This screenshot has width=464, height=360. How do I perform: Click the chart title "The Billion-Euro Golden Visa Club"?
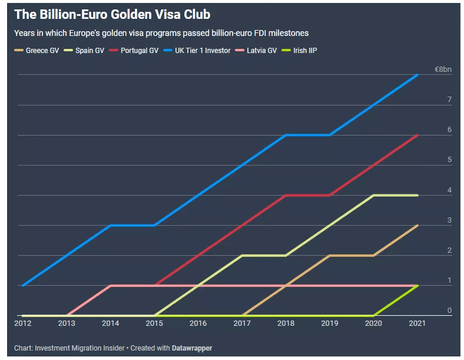coord(112,14)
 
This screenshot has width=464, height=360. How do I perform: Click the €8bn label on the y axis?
coord(443,70)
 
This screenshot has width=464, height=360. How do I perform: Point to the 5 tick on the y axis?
coord(449,160)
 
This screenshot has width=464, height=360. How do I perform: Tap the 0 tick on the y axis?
coord(449,311)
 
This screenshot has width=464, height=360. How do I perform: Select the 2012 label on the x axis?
coord(22,323)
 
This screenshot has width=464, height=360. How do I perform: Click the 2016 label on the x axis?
coord(198,323)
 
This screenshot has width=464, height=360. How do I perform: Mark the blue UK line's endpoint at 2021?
coord(418,75)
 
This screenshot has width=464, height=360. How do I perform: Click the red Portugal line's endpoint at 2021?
coord(418,135)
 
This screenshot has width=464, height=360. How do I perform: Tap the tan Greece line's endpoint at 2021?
coord(418,226)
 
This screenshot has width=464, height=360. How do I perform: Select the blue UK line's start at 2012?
coord(22,286)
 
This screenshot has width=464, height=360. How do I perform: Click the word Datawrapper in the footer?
coord(192,348)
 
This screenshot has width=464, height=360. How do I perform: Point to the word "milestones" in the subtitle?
coord(287,34)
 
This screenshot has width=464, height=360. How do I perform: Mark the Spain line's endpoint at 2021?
coord(418,195)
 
